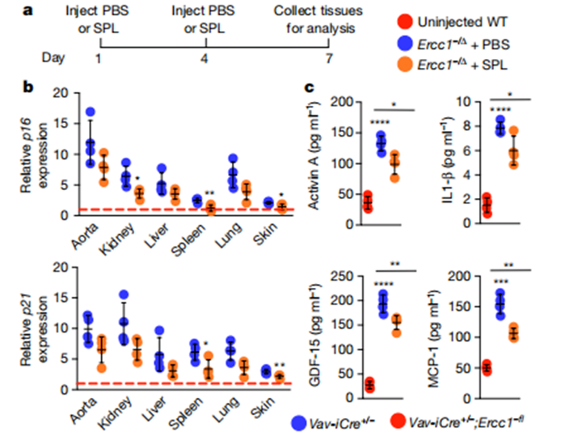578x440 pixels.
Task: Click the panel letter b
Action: [x=28, y=84]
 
